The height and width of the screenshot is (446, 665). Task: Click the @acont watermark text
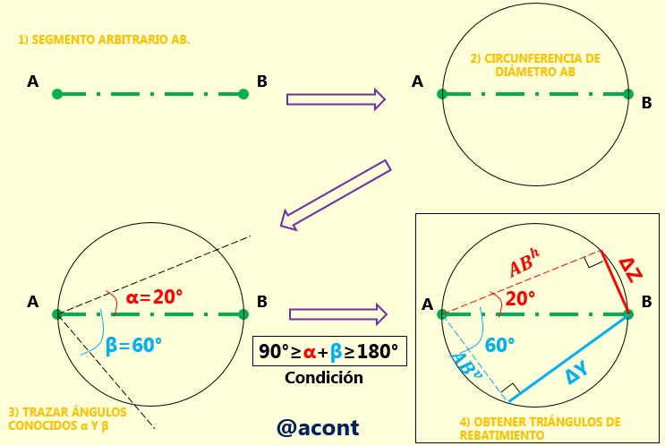click(318, 428)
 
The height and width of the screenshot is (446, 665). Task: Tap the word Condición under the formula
click(324, 377)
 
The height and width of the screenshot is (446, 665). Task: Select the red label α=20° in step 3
click(154, 297)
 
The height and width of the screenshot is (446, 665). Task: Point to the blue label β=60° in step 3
click(133, 346)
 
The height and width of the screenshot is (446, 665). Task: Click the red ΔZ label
click(631, 270)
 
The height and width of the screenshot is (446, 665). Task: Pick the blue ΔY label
click(577, 373)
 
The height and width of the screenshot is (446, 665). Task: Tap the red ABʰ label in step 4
click(524, 262)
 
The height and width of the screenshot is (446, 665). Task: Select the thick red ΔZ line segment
click(615, 282)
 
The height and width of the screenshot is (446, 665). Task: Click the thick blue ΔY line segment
click(568, 357)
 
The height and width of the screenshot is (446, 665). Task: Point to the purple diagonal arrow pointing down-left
click(336, 195)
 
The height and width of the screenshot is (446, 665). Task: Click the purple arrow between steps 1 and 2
click(336, 99)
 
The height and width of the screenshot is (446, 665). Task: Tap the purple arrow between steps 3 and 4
click(338, 314)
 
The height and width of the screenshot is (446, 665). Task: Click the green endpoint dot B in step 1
click(243, 94)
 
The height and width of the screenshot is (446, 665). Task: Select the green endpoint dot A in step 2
click(442, 94)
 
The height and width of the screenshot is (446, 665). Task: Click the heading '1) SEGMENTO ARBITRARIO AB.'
click(104, 39)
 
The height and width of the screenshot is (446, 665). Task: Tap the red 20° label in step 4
click(520, 298)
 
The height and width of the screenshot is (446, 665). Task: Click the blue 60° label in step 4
click(500, 345)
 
